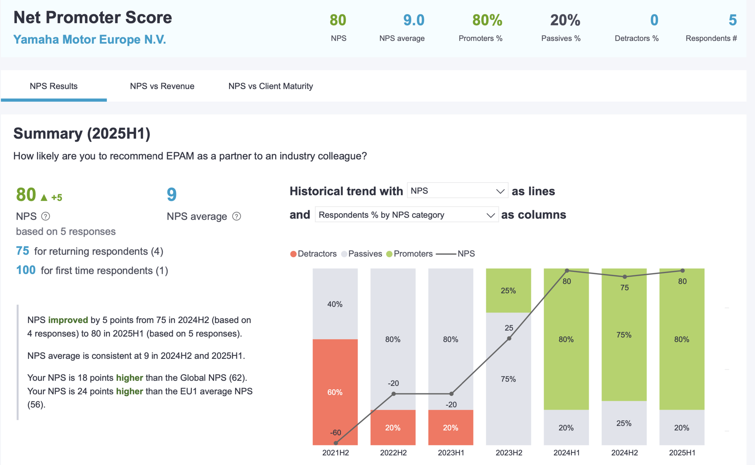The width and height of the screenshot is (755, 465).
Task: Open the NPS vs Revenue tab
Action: (162, 86)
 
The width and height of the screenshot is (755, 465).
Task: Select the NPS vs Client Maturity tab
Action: (271, 86)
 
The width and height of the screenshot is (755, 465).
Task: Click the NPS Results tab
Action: (53, 86)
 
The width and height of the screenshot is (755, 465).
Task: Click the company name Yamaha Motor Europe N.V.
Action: (90, 40)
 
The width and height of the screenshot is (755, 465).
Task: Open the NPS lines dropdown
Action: (457, 191)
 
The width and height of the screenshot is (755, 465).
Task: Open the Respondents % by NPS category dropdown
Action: (406, 215)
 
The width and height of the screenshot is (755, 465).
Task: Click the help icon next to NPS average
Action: (236, 216)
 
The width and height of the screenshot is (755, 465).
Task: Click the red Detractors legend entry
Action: (313, 254)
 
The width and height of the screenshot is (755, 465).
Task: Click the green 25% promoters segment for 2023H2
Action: (508, 290)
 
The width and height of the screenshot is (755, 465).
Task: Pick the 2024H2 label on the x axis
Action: (624, 453)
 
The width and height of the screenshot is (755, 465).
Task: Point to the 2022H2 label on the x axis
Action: (393, 453)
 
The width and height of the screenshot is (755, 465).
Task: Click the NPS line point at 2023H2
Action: (509, 338)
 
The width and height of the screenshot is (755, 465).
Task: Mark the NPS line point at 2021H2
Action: (336, 443)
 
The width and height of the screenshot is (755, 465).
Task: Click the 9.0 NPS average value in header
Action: (413, 20)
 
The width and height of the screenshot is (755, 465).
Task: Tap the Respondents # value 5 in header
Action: (732, 20)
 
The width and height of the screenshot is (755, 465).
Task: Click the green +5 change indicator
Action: (57, 197)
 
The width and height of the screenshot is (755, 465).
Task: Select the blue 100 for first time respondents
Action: (26, 270)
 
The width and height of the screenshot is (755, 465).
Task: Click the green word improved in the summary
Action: (68, 320)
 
